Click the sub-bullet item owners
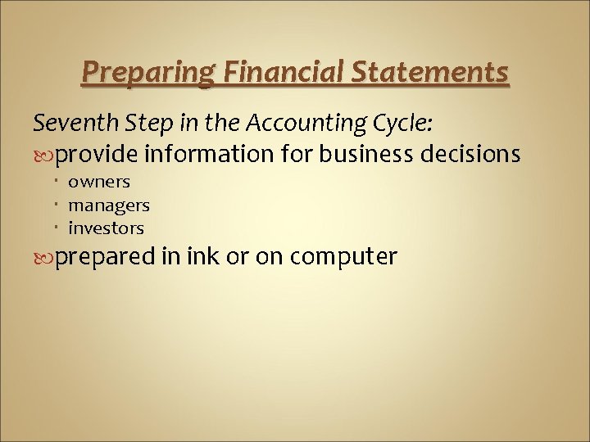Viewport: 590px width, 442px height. point(99,182)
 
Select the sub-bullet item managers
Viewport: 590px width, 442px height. point(108,205)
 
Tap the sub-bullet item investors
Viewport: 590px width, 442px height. point(106,228)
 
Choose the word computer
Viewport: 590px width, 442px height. point(344,257)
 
